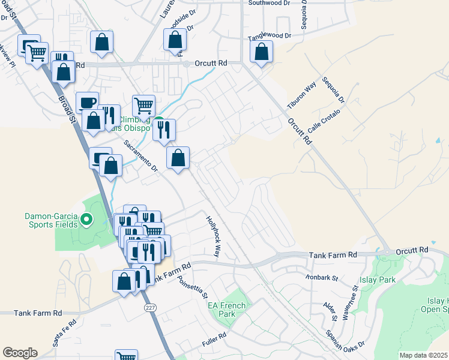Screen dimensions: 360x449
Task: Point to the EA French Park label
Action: click(x=226, y=310)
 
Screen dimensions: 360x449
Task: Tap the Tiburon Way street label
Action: click(x=301, y=95)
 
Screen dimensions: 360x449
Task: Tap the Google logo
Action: click(x=20, y=353)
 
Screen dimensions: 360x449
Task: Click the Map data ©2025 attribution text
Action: click(x=423, y=355)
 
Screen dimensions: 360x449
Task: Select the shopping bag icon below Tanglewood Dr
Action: click(x=261, y=52)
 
